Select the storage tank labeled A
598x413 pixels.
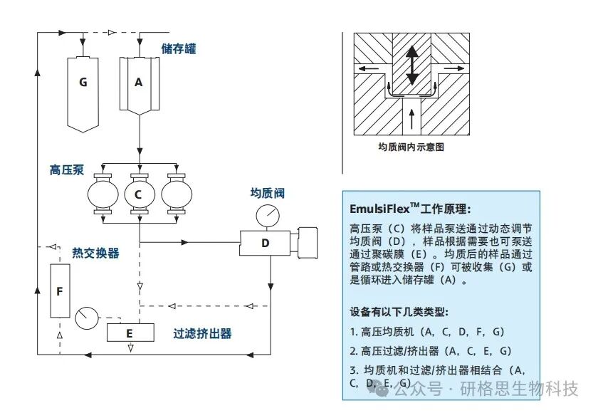(139, 83)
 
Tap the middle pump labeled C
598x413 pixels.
(139, 194)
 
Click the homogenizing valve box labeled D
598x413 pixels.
(265, 244)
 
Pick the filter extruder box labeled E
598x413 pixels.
(129, 333)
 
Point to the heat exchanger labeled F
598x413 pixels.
(60, 291)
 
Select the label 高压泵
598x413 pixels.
(67, 169)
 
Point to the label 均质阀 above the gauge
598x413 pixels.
(268, 193)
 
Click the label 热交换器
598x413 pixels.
(95, 253)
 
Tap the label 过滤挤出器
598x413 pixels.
(203, 333)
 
